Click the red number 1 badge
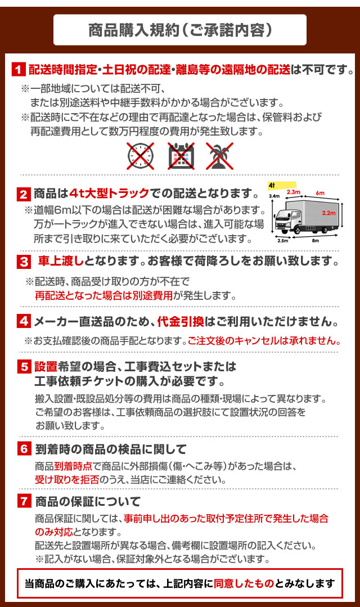point(19,70)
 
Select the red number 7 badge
point(24,501)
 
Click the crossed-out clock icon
point(141,156)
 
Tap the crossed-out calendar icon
point(181,156)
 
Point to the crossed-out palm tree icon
point(219,156)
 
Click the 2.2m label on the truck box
point(328,213)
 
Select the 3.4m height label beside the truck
point(274,196)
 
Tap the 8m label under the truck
point(316,240)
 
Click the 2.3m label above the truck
point(294,192)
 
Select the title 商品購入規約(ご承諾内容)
point(181,30)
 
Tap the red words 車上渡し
point(61,261)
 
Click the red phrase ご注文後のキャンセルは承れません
point(264,341)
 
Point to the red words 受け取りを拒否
point(67,480)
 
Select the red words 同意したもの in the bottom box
point(244,583)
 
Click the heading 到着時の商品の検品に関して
point(111,449)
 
